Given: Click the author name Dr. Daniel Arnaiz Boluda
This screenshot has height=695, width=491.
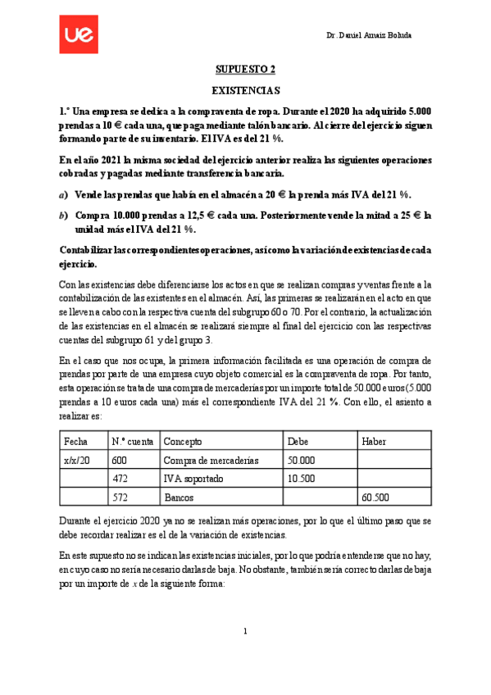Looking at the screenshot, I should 369,36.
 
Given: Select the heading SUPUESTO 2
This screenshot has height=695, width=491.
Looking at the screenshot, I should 246,70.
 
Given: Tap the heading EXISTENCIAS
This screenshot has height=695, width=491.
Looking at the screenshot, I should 246,90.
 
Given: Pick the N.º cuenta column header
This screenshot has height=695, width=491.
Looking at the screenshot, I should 130,442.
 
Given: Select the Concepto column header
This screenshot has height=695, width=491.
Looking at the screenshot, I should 184,442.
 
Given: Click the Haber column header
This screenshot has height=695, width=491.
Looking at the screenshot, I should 374,442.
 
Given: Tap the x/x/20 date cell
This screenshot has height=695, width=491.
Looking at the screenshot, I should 77,461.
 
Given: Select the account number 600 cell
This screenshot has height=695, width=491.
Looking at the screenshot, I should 119,461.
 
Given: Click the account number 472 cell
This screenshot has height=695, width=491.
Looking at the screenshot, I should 119,479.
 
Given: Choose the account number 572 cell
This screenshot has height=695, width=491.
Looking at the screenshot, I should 119,497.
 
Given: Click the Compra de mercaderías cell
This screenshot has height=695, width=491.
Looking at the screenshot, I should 211,461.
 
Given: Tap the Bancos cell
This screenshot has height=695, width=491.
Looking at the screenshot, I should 180,497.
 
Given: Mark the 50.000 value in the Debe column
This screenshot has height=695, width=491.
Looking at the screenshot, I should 302,461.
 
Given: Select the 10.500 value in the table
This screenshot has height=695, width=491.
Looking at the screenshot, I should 302,479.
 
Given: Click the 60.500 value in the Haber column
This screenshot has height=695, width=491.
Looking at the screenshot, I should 375,497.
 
